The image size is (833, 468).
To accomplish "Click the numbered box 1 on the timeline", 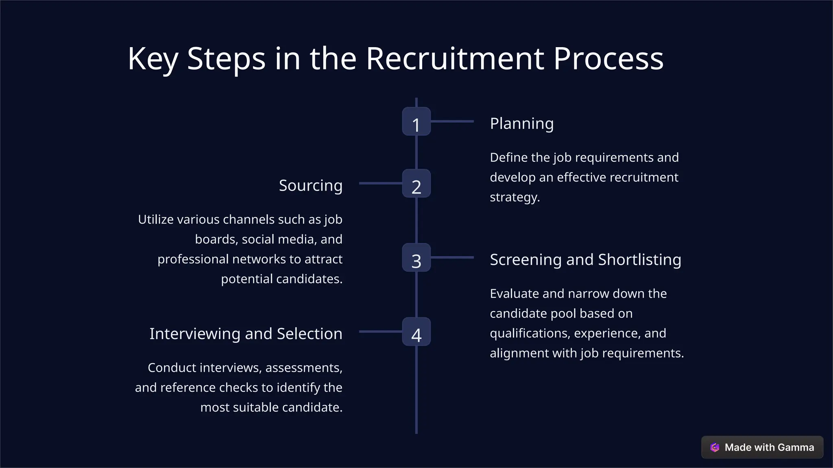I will pos(416,121).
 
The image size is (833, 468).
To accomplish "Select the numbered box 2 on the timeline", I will pos(416,184).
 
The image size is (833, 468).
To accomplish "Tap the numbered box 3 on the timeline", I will pos(416,258).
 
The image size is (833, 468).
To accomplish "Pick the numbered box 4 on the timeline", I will pos(416,332).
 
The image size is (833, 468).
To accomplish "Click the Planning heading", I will pos(521,123).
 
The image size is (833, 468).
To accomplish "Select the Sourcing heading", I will pos(310,186).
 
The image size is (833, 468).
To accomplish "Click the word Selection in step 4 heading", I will pos(309,334).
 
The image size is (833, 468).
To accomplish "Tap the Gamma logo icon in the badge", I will pos(715,447).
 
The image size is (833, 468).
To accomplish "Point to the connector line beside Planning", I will pos(452,121).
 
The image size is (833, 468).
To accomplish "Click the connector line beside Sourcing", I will pos(380,184).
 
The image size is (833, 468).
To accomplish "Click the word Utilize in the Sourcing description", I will pos(155,219).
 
